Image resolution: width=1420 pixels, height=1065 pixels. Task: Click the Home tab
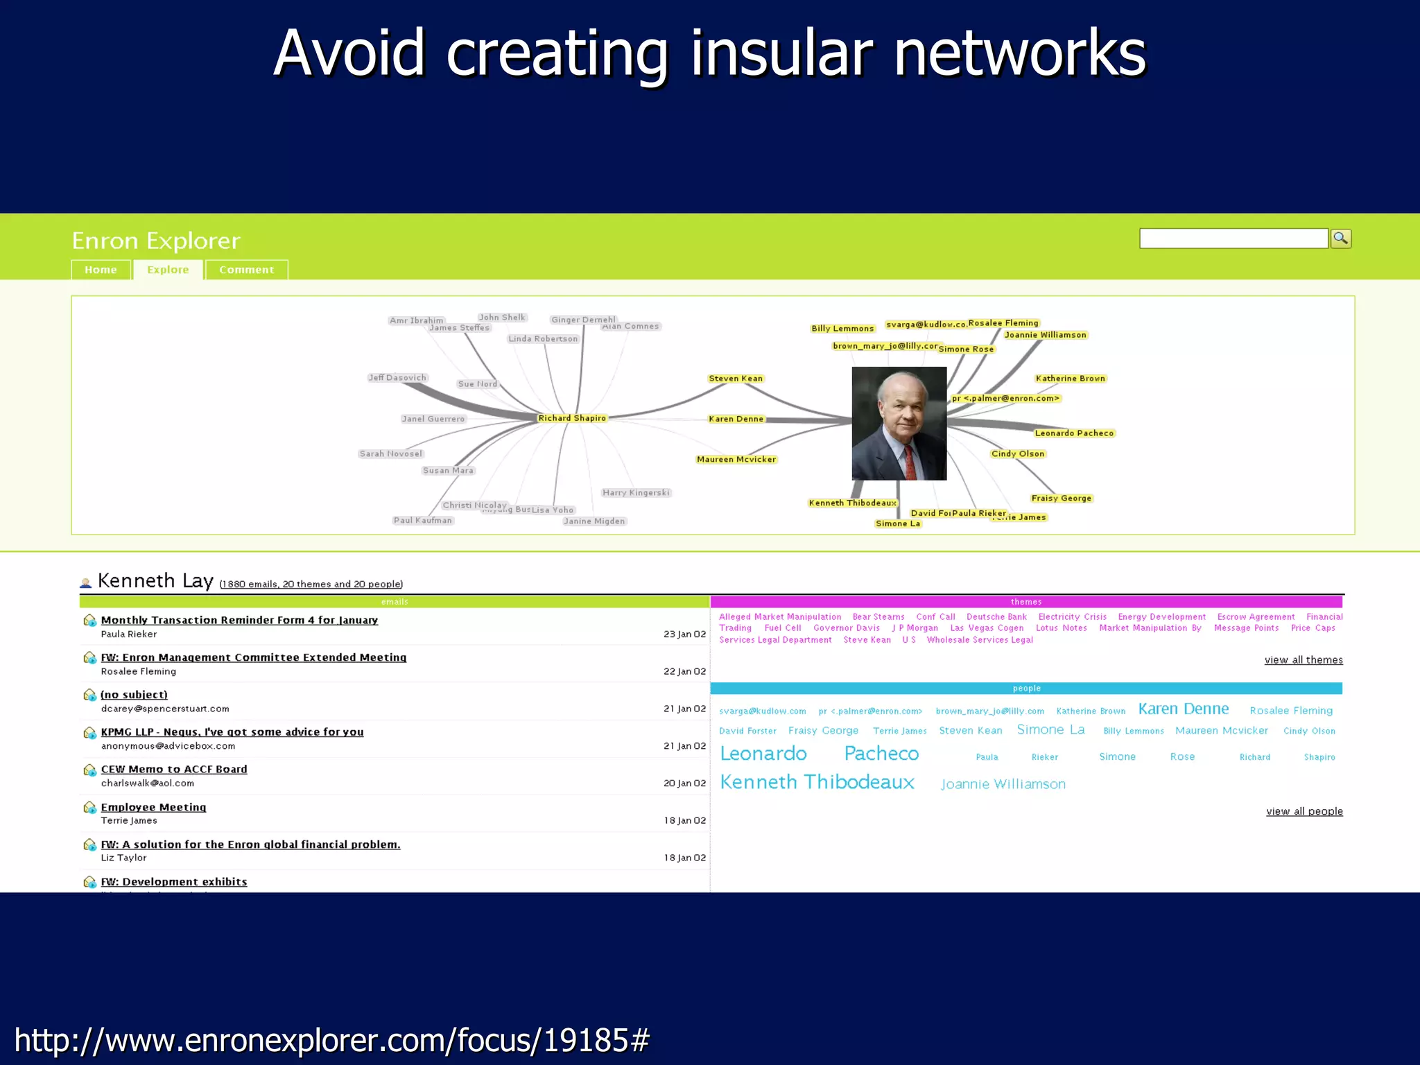[x=101, y=270]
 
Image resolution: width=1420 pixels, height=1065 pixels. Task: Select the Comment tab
[x=246, y=270]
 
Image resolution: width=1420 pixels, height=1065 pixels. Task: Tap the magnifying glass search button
[x=1341, y=239]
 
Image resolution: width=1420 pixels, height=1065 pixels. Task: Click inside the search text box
[x=1233, y=239]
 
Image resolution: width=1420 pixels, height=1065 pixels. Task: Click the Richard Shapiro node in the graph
[x=572, y=418]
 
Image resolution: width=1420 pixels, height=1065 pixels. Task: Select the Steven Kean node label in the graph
[x=736, y=379]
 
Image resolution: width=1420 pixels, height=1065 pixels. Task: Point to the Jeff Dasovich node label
[x=397, y=378]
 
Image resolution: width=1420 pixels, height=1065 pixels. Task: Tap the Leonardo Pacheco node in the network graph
[x=1074, y=433]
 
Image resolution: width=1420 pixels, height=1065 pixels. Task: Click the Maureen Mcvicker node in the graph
[x=736, y=459]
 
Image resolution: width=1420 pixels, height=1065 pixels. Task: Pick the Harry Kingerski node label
[x=636, y=493]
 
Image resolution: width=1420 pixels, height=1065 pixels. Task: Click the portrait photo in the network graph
[x=899, y=423]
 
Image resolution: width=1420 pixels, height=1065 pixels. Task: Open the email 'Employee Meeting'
[x=153, y=807]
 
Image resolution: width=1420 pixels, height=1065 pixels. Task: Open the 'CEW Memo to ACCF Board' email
[x=174, y=769]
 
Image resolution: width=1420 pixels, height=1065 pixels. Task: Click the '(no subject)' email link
[x=134, y=695]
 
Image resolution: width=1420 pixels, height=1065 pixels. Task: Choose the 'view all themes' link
[x=1303, y=660]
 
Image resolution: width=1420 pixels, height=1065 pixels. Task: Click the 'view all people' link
[x=1304, y=811]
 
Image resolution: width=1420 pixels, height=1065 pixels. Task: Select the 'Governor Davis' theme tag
[x=846, y=628]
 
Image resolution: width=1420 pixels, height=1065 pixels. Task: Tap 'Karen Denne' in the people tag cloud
[x=1183, y=709]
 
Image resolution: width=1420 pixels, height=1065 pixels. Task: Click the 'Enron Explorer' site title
[x=156, y=241]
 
